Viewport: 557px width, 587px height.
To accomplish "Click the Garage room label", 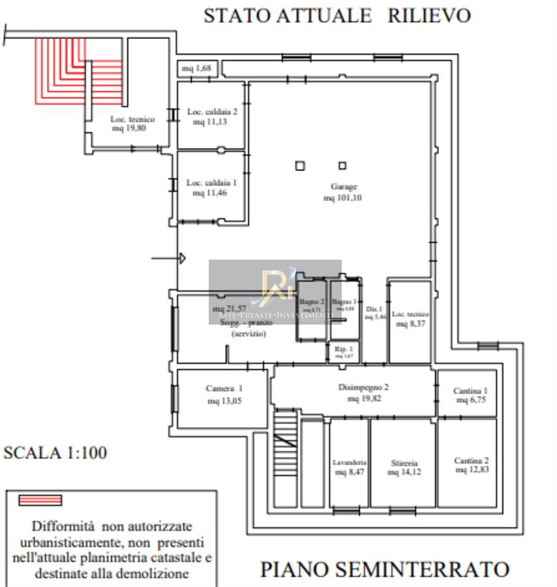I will pos(343,187).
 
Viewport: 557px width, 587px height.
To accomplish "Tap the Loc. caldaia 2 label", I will pos(212,112).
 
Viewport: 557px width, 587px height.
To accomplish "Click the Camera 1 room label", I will pos(224,389).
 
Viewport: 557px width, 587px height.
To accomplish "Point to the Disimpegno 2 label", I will pos(363,387).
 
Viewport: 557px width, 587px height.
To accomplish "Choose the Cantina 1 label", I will pos(471,391).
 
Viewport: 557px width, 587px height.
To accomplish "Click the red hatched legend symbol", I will pos(40,500).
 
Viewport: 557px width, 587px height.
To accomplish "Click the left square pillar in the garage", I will pos(299,166).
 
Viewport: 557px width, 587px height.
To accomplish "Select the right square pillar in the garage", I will pos(342,165).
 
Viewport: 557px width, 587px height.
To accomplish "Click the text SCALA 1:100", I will pos(55,453).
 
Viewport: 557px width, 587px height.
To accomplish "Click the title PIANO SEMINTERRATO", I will pos(385,569).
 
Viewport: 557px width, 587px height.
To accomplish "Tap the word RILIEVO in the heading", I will pos(429,16).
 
